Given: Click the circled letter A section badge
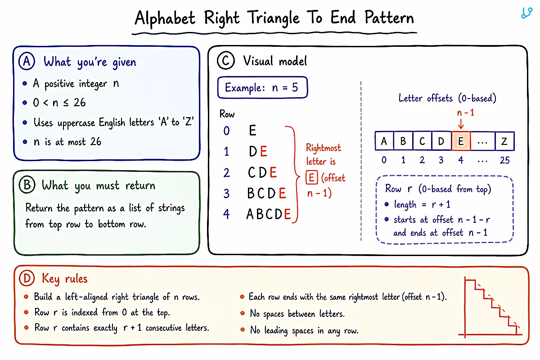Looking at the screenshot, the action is [27, 61].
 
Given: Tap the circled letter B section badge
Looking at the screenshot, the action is [27, 185].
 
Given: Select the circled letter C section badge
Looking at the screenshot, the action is [225, 60].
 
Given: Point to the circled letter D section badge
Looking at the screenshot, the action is [27, 278].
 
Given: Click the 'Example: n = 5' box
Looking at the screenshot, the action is [262, 87].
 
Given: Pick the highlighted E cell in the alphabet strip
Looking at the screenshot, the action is [461, 141].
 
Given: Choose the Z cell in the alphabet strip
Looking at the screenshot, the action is [504, 141].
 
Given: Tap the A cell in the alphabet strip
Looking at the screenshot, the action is [384, 141].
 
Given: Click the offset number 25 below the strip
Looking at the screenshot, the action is [504, 160].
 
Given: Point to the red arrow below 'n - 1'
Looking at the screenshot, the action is [461, 123].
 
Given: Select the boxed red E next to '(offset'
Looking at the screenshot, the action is [311, 178].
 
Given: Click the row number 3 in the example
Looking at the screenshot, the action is [226, 193].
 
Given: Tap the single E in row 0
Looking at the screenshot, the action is [252, 130].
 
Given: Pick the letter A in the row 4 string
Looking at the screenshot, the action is [250, 214].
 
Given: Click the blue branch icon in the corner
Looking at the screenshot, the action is [526, 13].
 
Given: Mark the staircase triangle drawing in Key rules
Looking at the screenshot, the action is [490, 307].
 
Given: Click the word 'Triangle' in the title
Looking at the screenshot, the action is [273, 18].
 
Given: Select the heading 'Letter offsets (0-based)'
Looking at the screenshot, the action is [447, 98].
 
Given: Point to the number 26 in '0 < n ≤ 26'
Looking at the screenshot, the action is [80, 103].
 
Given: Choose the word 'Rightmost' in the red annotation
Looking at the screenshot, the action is [323, 148].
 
